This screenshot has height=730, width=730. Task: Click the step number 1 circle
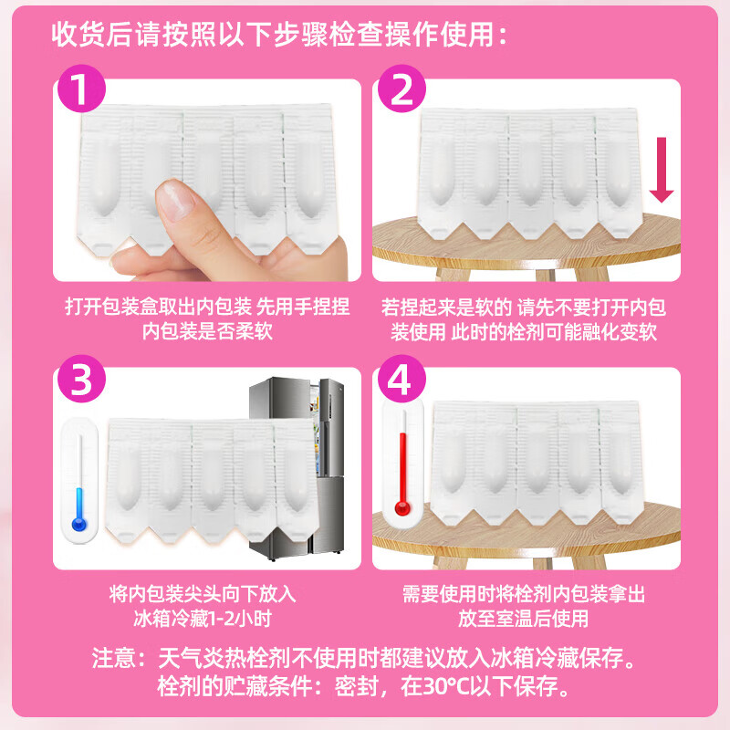click(81, 89)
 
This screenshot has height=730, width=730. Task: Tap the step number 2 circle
click(401, 89)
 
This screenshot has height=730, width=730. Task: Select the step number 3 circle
click(81, 379)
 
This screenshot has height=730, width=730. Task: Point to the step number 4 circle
click(401, 379)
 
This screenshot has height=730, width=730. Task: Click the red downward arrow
click(662, 170)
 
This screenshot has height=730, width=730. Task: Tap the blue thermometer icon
click(79, 481)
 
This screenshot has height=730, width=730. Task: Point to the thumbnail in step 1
click(176, 200)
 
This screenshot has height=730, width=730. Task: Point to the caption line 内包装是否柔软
click(207, 331)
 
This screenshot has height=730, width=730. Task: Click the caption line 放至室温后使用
click(523, 619)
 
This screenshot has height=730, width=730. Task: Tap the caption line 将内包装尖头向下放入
click(203, 594)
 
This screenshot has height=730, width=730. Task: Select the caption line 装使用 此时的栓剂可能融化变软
click(524, 332)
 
